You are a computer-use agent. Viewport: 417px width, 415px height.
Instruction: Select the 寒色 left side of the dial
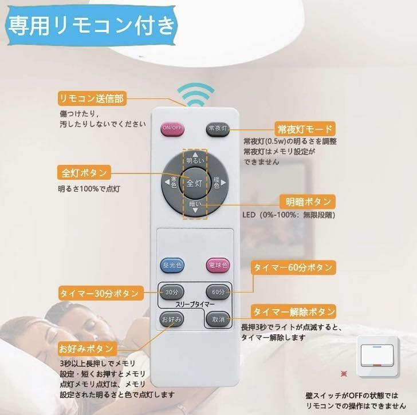click(174, 183)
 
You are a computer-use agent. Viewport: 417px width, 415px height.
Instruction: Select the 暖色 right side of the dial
click(216, 183)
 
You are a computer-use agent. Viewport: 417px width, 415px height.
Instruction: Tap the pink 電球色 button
click(218, 265)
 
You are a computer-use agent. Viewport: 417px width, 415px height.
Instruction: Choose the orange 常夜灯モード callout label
click(304, 128)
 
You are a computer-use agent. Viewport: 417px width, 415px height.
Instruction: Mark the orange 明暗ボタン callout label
click(308, 201)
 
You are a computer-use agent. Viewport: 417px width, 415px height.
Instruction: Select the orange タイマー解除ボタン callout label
click(294, 312)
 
